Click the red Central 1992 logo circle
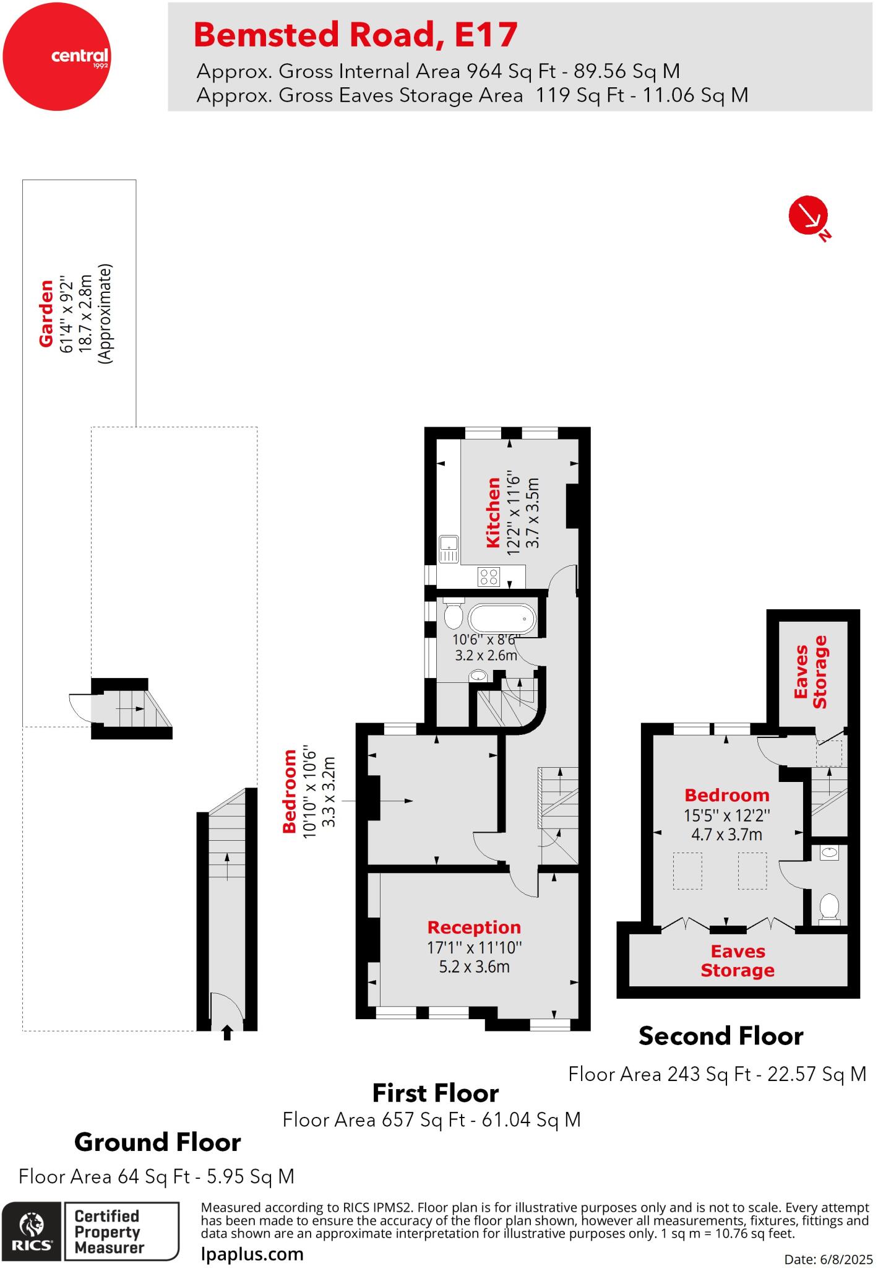[57, 57]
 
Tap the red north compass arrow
[808, 215]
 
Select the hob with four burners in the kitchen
[489, 577]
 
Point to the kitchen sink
[449, 549]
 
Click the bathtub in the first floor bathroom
[502, 618]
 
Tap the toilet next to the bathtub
[454, 614]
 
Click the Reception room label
[474, 927]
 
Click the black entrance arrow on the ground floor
[227, 1032]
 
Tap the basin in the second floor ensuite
[829, 853]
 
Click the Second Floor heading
[720, 1036]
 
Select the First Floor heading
[435, 1093]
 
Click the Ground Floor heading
[157, 1142]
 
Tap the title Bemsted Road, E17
[355, 35]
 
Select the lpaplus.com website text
[252, 1254]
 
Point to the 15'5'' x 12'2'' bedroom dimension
[726, 815]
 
